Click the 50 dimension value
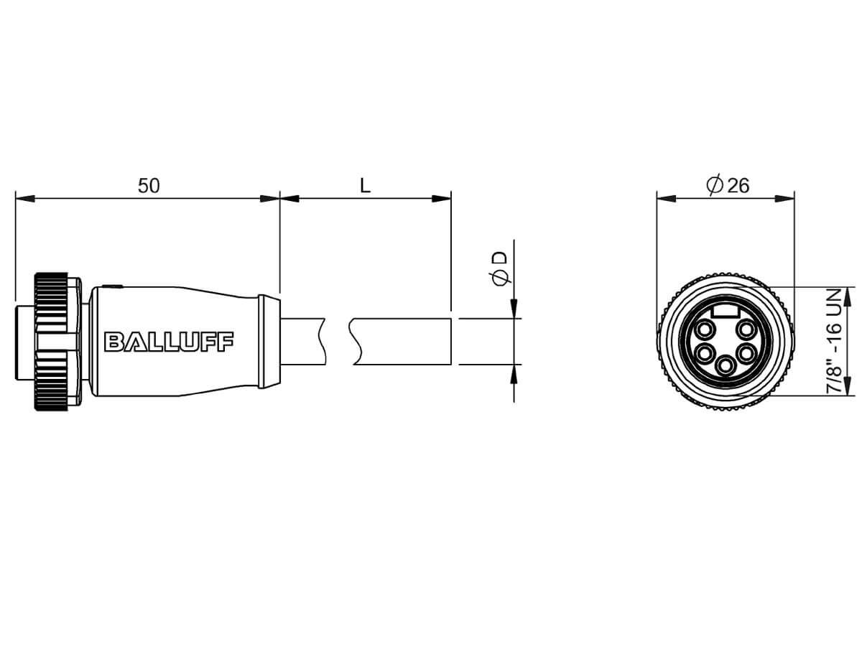click(149, 186)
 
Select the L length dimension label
click(365, 185)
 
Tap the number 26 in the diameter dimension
click(738, 185)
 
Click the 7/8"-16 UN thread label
click(834, 341)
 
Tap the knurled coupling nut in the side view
click(51, 341)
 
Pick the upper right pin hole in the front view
click(745, 329)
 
